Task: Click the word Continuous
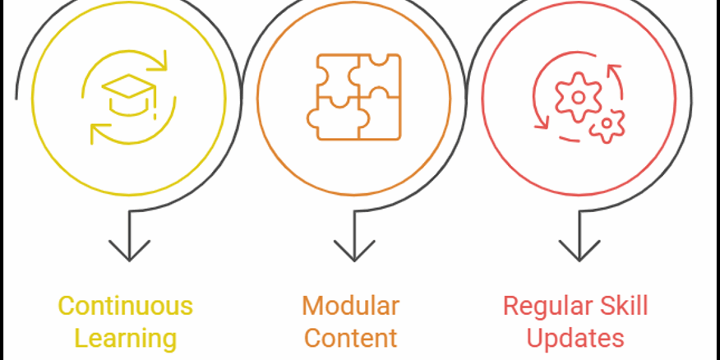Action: click(125, 307)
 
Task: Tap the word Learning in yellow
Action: click(125, 338)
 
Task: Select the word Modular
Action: click(350, 307)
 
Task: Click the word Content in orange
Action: click(350, 338)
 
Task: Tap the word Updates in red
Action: click(575, 338)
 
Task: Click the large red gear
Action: click(578, 97)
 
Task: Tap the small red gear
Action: click(607, 125)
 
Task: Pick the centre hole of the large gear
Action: click(578, 97)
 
